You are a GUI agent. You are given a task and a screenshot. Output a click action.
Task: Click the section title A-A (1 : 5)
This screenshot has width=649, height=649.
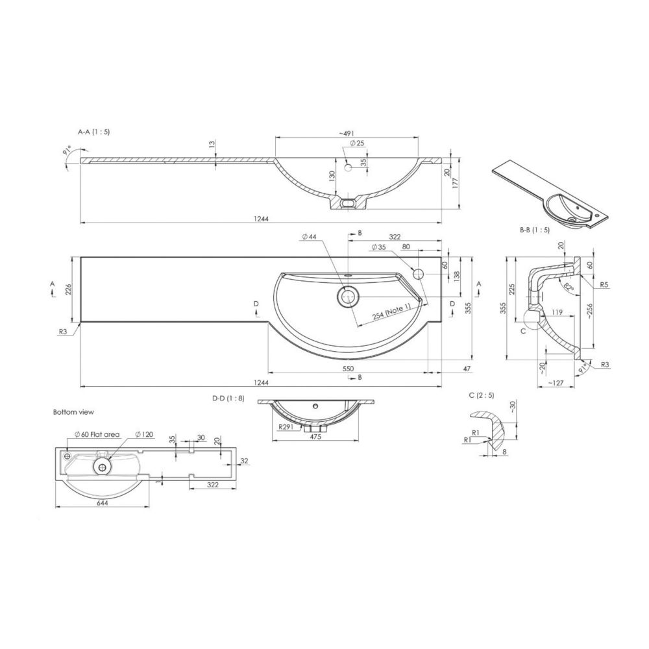point(94,132)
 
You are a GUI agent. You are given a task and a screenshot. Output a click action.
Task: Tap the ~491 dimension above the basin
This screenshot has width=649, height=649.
point(347,133)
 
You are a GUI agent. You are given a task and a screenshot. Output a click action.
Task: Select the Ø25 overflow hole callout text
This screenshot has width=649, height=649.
point(357,143)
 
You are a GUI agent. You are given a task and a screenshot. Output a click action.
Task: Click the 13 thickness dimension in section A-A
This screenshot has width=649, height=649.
point(212,145)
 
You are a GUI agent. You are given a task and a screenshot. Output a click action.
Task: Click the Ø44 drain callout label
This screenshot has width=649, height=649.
point(310,237)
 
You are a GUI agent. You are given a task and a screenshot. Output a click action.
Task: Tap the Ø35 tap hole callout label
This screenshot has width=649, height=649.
point(379,247)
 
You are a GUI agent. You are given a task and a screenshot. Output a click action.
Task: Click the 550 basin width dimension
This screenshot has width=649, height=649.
point(348,369)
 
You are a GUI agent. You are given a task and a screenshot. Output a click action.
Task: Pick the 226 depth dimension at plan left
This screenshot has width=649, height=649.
point(69,289)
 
